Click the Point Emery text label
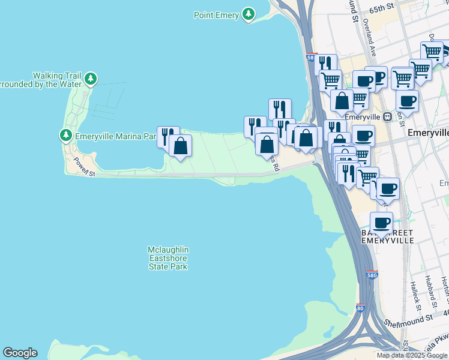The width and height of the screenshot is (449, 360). [x=216, y=15]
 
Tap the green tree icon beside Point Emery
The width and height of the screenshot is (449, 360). [x=248, y=14]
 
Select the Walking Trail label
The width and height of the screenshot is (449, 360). [x=56, y=76]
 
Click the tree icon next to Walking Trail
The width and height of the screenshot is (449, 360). [x=90, y=79]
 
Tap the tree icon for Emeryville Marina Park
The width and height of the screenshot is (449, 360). [x=65, y=136]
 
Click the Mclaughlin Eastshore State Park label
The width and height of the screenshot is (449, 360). [x=169, y=258]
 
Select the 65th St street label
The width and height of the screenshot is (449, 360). [x=382, y=6]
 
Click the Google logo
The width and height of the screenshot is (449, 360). [x=20, y=353]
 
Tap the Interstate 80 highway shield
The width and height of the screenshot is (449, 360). [x=360, y=308]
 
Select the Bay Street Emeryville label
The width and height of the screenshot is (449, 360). [x=387, y=236]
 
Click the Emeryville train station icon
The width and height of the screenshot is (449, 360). [x=388, y=116]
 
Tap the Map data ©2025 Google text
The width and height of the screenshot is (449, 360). [x=412, y=355]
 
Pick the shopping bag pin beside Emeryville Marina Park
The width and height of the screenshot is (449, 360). [x=180, y=146]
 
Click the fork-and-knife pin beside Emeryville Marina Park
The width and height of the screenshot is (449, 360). [x=167, y=137]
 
